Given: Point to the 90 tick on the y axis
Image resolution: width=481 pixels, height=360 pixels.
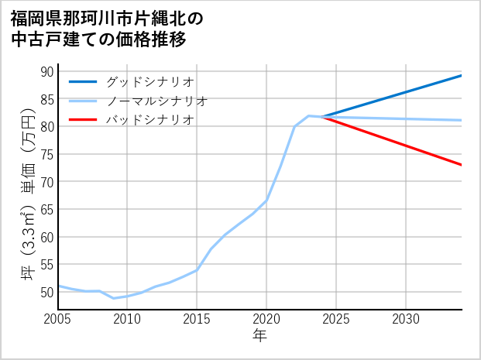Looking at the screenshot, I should pos(46,72).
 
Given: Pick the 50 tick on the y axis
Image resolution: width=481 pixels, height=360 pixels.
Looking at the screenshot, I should pos(46,293).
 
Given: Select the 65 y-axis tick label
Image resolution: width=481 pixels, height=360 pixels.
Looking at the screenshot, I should pos(46,210).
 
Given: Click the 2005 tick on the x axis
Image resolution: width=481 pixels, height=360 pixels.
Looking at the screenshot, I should pos(58,319).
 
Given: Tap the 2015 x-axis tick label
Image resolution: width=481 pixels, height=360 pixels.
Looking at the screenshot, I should pos(197,319).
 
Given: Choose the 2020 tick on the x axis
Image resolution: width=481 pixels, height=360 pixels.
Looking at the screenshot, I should pos(266,319).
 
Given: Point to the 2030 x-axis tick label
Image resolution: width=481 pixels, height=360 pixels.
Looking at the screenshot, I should pos(406,319).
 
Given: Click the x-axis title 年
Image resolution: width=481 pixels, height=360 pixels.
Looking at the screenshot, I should pos(260,335).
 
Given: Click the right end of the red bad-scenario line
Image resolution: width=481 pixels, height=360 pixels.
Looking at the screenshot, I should pos(462,165).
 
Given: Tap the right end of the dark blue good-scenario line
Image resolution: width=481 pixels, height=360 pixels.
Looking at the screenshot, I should pos(462,75).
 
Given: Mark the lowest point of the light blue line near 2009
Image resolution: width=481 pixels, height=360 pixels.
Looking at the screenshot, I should pos(114,298).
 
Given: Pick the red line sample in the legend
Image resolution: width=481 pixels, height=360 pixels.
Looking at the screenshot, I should pos(83,120).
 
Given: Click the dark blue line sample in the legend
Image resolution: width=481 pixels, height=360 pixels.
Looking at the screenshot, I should pos(83,81).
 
